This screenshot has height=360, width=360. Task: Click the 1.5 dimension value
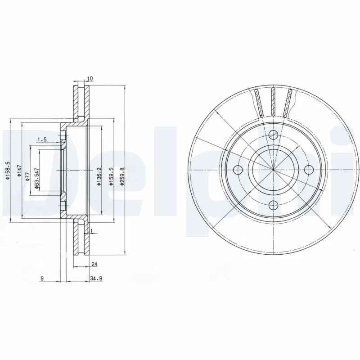42,139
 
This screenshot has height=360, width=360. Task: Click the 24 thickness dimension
94,265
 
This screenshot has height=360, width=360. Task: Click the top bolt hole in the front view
273,134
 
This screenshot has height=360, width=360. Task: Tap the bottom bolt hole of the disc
273,206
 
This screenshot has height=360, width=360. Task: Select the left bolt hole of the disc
238,170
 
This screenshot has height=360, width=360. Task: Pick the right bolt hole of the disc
309,170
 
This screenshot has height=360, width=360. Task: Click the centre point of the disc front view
273,170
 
